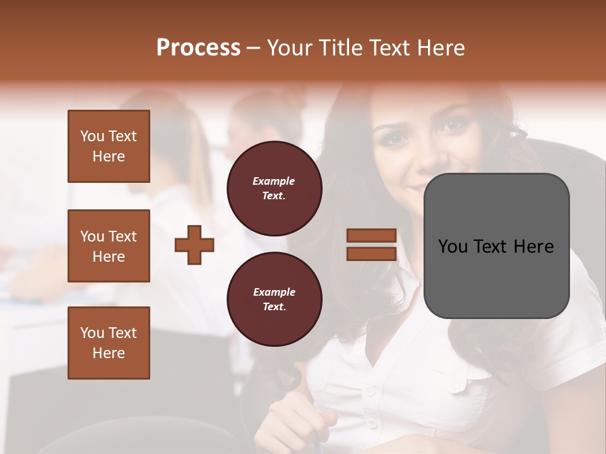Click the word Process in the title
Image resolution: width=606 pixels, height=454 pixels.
[x=198, y=48]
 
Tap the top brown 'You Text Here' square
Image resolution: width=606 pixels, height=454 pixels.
[x=109, y=146]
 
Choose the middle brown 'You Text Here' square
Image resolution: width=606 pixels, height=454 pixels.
[x=109, y=246]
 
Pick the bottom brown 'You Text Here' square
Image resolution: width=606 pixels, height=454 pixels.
[x=109, y=343]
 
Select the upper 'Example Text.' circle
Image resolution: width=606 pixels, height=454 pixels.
[x=274, y=189]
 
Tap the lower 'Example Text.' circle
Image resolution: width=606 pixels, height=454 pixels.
[x=274, y=300]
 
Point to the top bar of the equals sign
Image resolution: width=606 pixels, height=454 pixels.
[x=371, y=236]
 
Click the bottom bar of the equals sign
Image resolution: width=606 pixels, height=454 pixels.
[x=371, y=254]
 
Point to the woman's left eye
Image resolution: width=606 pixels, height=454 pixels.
[x=454, y=125]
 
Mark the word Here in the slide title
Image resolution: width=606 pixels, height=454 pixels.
[x=442, y=48]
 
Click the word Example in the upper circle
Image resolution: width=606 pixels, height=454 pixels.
[x=274, y=181]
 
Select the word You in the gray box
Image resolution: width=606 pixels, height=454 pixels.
[x=452, y=247]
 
